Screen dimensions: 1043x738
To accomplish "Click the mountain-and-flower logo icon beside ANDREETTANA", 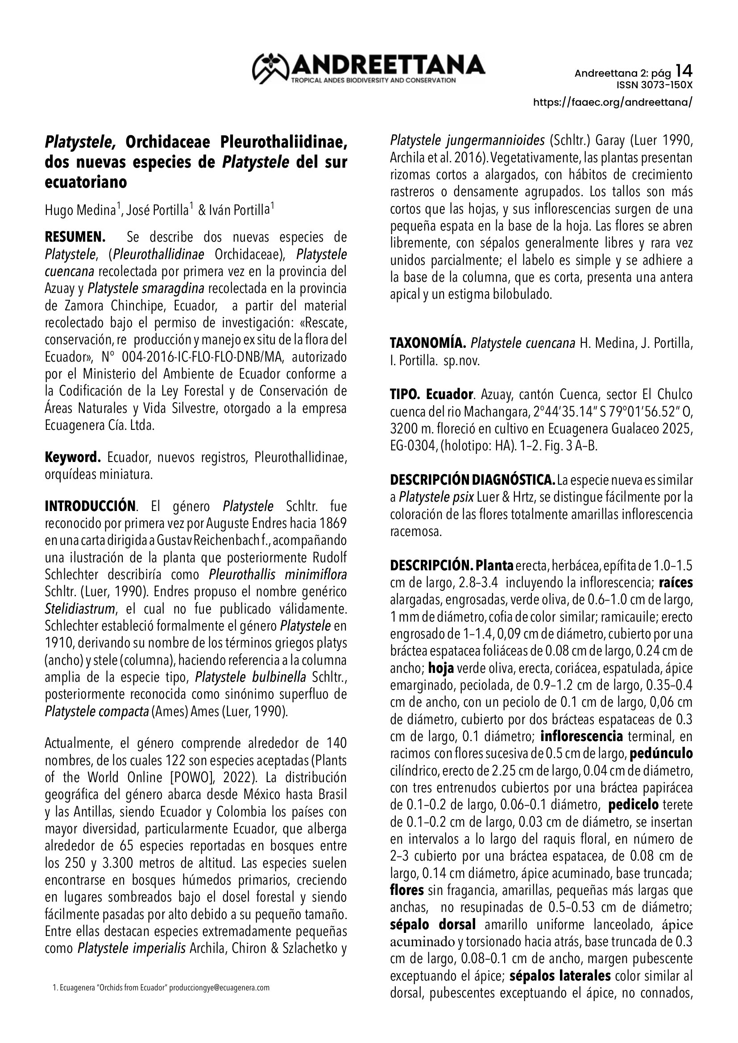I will click(x=271, y=68).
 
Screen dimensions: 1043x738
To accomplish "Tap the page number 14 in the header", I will click(x=684, y=71).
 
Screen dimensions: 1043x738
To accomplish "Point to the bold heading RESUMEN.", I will click(x=75, y=237).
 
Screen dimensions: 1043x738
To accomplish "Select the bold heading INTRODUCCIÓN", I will click(x=90, y=506).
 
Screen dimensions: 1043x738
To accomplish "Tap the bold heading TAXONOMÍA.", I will click(x=428, y=343).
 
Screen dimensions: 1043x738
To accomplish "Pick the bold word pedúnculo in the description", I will click(x=661, y=754).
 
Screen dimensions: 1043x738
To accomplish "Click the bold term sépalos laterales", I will click(x=560, y=976).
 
